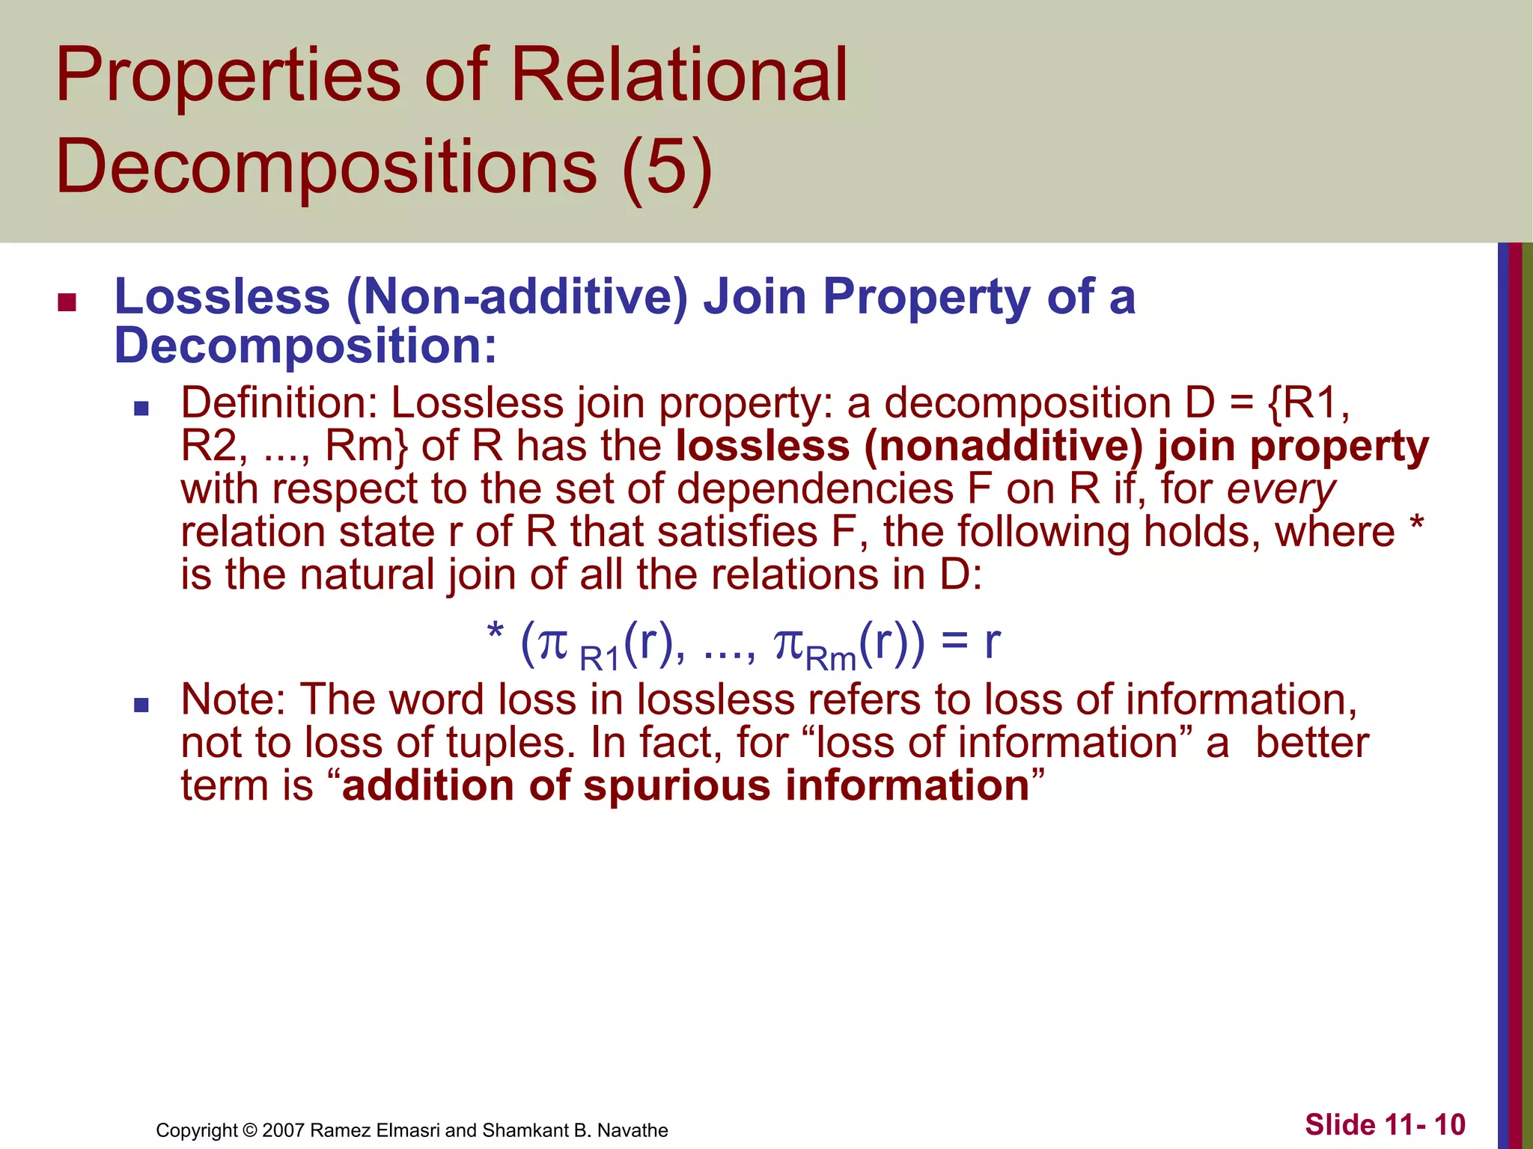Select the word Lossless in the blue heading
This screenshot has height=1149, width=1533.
pos(222,296)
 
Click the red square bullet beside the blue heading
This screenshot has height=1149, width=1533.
pos(67,301)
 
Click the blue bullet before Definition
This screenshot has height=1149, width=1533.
pos(141,408)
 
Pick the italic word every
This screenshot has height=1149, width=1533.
pos(1281,489)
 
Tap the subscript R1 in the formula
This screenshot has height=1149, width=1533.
pos(600,659)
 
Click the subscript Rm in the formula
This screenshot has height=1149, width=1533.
pos(831,659)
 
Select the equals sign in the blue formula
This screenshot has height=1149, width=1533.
pos(953,642)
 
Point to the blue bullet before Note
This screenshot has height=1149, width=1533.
pos(141,705)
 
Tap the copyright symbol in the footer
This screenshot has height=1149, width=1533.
pos(250,1130)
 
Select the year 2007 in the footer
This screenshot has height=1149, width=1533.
pos(283,1130)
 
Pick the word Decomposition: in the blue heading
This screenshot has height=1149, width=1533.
pos(305,346)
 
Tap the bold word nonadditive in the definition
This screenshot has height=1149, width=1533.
pos(1003,446)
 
